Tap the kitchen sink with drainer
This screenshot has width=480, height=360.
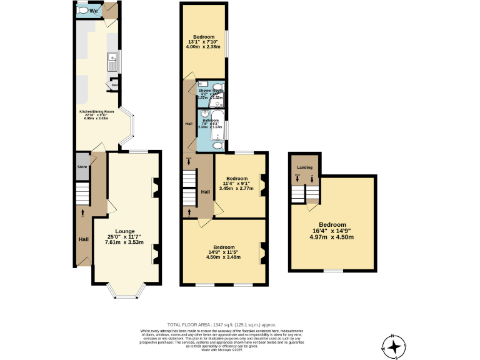coord(113,61)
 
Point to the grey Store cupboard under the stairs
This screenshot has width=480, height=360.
coord(82,167)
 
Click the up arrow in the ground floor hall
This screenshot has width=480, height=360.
coord(83,213)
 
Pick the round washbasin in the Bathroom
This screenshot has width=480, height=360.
coord(204,115)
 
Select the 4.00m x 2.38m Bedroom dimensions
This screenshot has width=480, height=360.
coord(203,46)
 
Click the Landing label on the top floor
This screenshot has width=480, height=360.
coord(304,167)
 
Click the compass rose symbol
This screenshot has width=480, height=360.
coord(394,346)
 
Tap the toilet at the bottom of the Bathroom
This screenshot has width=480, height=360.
coord(216,145)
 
